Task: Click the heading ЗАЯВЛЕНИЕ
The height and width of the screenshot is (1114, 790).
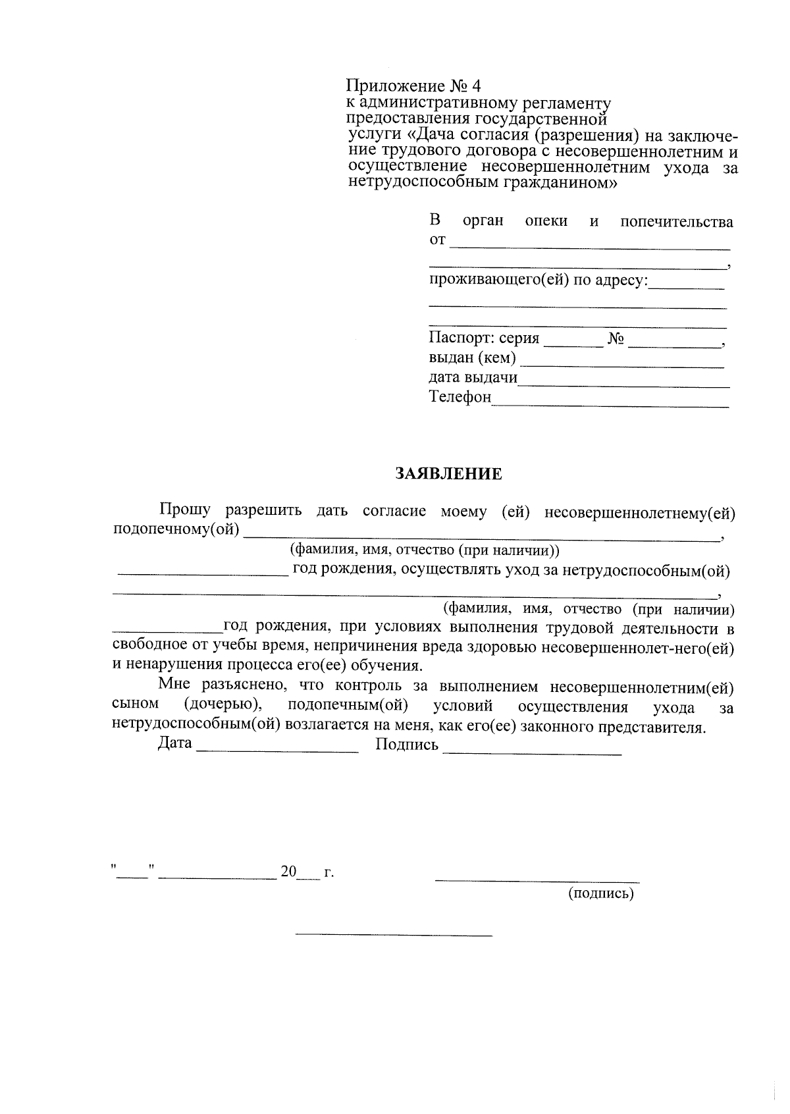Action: pos(448,474)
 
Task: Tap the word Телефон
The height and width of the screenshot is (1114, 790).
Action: pos(460,397)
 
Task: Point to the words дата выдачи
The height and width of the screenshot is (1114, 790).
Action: pos(473,378)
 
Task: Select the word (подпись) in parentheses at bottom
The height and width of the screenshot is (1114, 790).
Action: pos(600,893)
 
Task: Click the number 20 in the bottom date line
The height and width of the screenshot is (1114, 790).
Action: pos(288,872)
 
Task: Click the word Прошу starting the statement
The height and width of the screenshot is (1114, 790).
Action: pos(184,510)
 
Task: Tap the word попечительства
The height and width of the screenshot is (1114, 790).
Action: pos(676,222)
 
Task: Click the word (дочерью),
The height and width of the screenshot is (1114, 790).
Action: pos(223,705)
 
